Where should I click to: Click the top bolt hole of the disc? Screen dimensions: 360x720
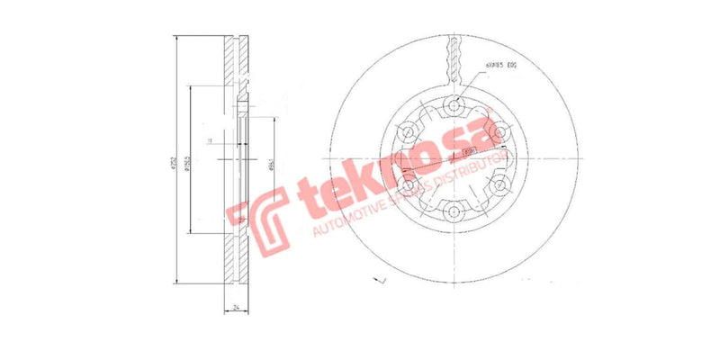coord(455,105)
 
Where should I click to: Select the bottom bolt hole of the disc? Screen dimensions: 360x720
coord(455,213)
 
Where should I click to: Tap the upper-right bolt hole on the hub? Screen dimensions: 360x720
coord(502,133)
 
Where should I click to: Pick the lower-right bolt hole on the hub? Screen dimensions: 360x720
coord(502,187)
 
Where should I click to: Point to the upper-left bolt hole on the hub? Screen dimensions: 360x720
coord(409,133)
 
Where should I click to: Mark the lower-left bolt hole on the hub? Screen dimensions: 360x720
coord(409,187)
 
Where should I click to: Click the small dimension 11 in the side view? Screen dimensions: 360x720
coord(210,141)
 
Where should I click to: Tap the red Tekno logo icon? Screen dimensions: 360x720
coord(256,222)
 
